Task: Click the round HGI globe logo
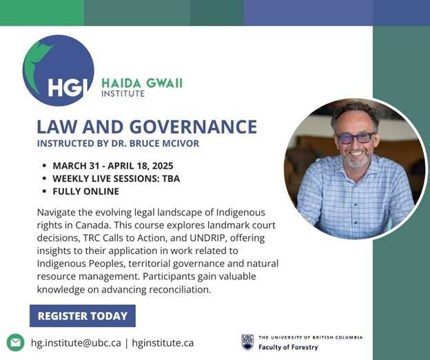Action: pyautogui.click(x=58, y=70)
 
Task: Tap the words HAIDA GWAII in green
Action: pyautogui.click(x=142, y=83)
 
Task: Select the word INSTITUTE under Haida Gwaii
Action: pyautogui.click(x=123, y=94)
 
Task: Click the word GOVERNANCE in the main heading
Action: pyautogui.click(x=193, y=127)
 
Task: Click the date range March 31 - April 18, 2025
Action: pyautogui.click(x=113, y=166)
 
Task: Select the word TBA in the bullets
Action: pyautogui.click(x=171, y=179)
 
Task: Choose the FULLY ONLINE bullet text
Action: pyautogui.click(x=86, y=191)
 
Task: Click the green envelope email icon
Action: pyautogui.click(x=15, y=343)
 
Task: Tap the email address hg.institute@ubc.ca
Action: pyautogui.click(x=76, y=343)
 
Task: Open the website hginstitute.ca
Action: pyautogui.click(x=163, y=343)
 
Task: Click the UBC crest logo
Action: pyautogui.click(x=247, y=342)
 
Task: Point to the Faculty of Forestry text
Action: pyautogui.click(x=288, y=347)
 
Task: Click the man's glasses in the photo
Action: pyautogui.click(x=356, y=138)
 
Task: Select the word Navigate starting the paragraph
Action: pyautogui.click(x=57, y=213)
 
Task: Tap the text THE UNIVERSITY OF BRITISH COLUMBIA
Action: pyautogui.click(x=311, y=337)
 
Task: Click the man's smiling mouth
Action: pyautogui.click(x=357, y=153)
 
